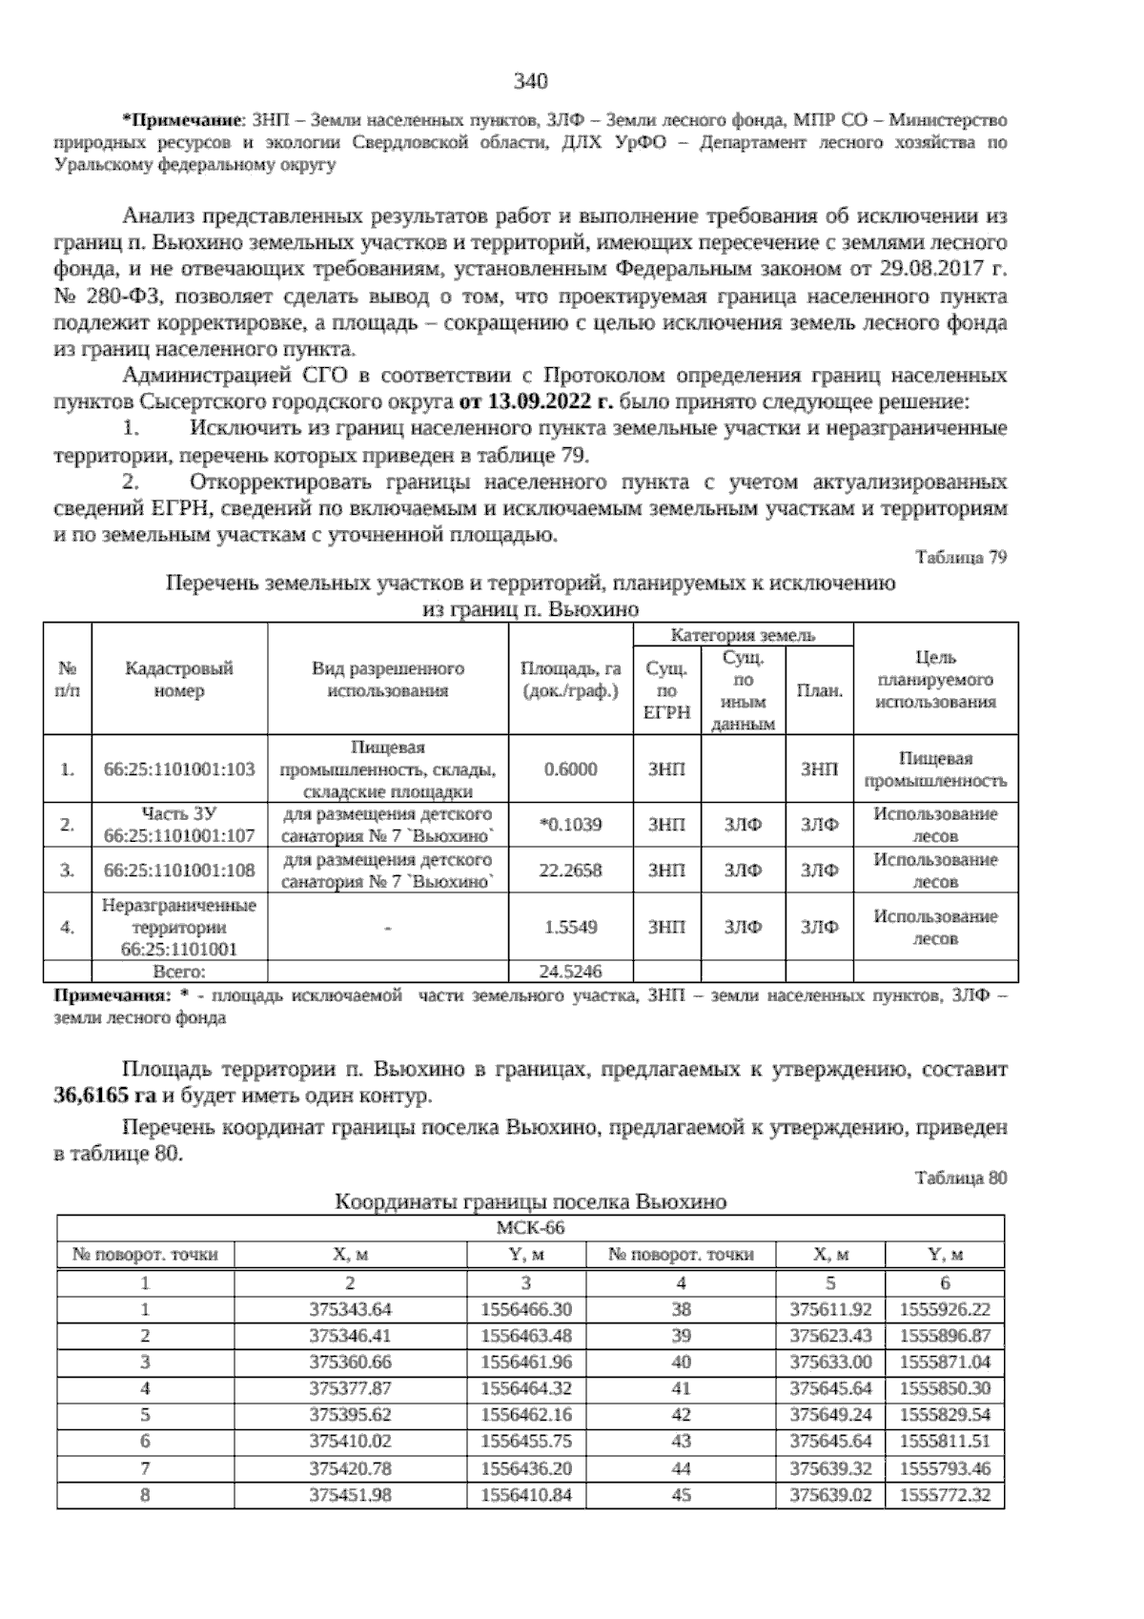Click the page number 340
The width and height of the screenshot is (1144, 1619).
tap(531, 82)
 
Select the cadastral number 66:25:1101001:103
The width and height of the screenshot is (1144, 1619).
tap(179, 769)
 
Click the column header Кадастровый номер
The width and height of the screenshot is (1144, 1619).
tap(179, 679)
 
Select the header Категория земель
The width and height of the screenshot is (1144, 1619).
tap(743, 635)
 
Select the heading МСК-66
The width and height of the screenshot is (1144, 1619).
tap(531, 1227)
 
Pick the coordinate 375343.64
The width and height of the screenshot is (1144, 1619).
tap(351, 1310)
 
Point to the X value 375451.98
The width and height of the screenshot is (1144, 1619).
tap(351, 1495)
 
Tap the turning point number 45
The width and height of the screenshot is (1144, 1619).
tap(681, 1495)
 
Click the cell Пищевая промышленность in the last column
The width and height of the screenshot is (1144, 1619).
tap(934, 769)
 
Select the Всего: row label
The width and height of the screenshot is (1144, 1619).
tap(179, 972)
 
